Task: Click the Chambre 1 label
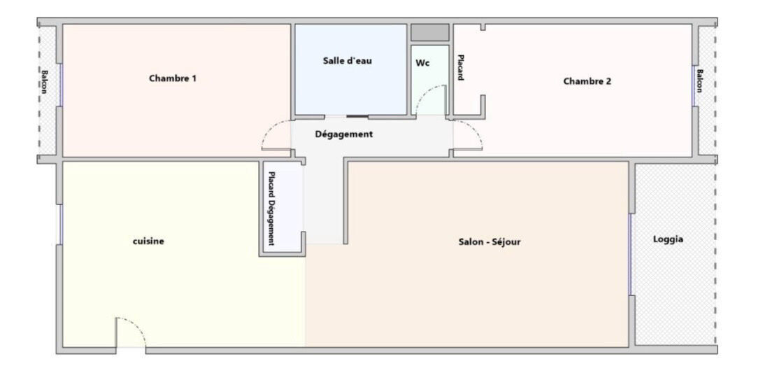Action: [x=172, y=78]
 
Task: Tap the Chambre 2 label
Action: [x=587, y=81]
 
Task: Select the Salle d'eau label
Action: [x=347, y=61]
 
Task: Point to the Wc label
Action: [x=422, y=63]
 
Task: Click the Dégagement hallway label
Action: [x=343, y=134]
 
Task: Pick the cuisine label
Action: [x=148, y=241]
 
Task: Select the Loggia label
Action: [x=668, y=239]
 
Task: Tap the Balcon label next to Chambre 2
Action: [x=699, y=80]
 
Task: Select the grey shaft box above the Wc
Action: [x=429, y=33]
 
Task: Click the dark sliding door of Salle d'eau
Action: [x=357, y=115]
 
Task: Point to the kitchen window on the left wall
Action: [x=60, y=224]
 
